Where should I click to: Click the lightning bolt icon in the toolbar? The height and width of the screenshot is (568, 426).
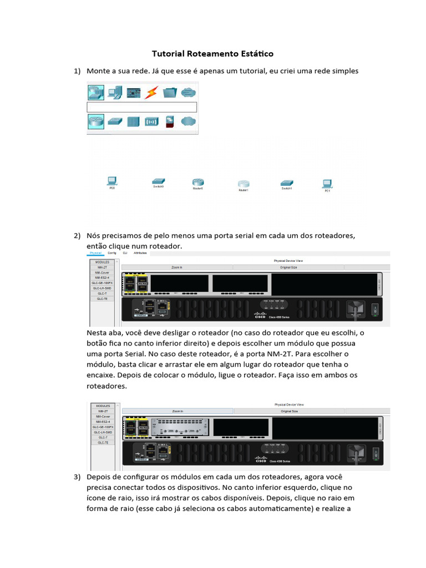click(x=151, y=92)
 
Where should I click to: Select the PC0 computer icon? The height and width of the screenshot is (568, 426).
click(x=111, y=181)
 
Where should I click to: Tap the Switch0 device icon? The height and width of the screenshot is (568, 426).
click(x=159, y=181)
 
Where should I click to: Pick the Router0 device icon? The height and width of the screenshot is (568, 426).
click(x=198, y=182)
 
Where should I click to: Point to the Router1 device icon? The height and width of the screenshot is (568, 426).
click(x=244, y=184)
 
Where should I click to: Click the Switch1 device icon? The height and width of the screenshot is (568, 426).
click(x=286, y=182)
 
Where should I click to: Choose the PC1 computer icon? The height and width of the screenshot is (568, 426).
click(x=327, y=183)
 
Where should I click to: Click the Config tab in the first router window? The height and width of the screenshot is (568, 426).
click(x=112, y=253)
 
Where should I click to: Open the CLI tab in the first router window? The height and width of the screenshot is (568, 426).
click(x=125, y=253)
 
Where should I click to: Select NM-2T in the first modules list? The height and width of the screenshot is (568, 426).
click(x=103, y=267)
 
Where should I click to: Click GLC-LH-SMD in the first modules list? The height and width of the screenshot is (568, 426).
click(x=103, y=288)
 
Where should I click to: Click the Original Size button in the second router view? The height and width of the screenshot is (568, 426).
click(x=289, y=411)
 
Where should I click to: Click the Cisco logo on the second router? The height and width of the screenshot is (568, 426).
click(x=260, y=458)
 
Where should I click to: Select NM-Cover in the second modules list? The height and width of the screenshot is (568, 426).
click(x=103, y=416)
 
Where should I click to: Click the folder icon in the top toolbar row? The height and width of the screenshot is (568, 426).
click(x=170, y=92)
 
